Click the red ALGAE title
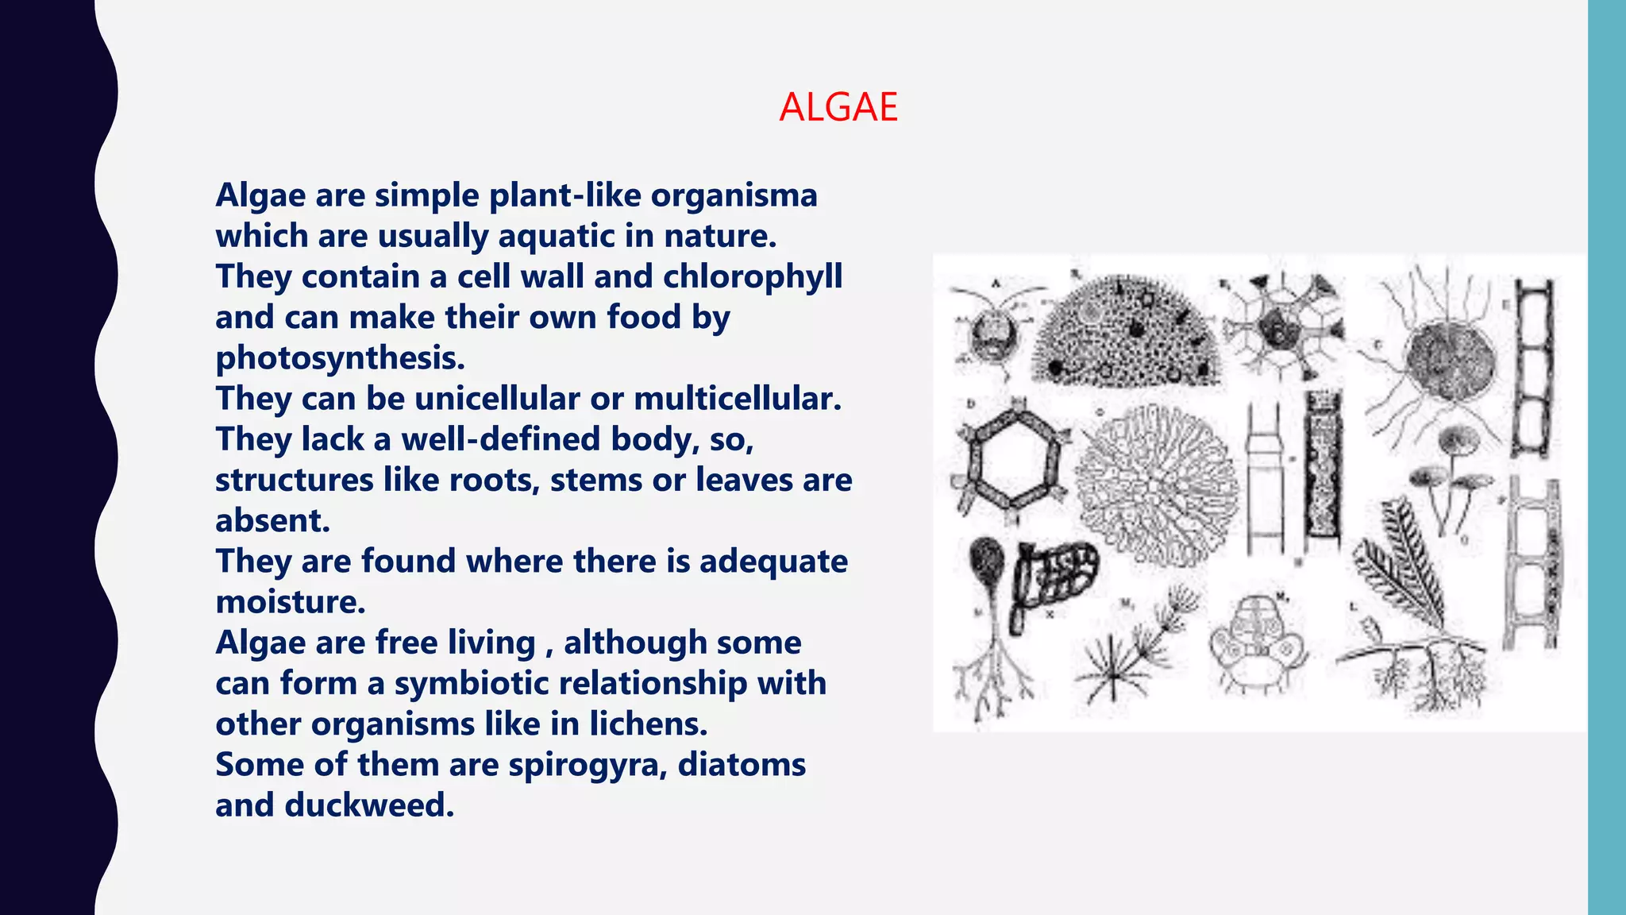tap(838, 107)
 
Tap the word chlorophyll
tap(753, 276)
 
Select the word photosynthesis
tap(340, 358)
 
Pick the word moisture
tap(290, 602)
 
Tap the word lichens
tap(648, 724)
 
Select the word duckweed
tap(369, 805)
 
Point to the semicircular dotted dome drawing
tap(1128, 334)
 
